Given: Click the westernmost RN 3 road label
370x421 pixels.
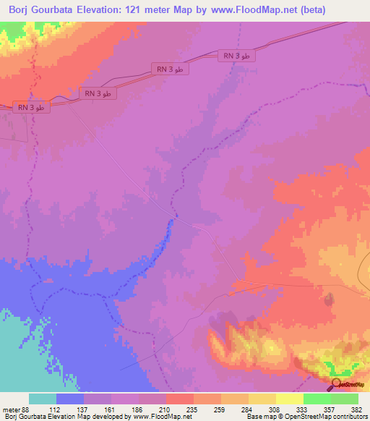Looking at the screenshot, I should click(31, 108).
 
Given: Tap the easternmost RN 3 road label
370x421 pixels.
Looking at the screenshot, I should click(236, 56).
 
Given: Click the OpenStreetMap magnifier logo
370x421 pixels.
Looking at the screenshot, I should click(337, 384).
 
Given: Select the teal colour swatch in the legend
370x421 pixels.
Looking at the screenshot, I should click(43, 399).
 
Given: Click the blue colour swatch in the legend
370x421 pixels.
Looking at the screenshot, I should click(70, 399).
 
